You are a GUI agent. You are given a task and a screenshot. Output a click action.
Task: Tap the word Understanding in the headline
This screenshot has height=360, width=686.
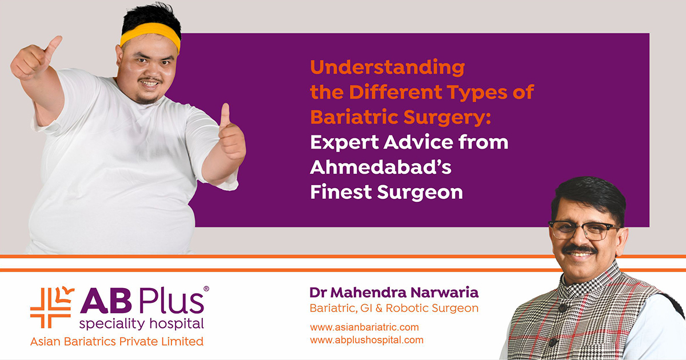point(388,67)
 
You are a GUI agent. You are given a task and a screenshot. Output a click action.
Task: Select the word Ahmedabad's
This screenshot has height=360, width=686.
point(381,167)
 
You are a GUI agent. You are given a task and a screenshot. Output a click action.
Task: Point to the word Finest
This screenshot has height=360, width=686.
point(341,192)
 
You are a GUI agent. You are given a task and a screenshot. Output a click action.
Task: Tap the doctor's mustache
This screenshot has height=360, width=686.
point(580,249)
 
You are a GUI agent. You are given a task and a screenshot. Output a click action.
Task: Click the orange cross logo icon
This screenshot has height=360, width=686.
point(52,307)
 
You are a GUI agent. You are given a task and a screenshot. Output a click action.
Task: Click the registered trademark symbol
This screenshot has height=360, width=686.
point(206,289)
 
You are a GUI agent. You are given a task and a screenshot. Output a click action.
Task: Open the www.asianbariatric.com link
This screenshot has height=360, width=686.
point(364,327)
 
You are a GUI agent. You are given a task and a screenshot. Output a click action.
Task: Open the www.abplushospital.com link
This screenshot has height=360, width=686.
point(366,340)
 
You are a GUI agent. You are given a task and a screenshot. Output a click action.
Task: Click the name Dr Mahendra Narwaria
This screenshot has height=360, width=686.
point(394,293)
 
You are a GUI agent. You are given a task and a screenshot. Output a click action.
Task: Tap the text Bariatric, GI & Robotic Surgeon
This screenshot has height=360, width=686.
point(394,308)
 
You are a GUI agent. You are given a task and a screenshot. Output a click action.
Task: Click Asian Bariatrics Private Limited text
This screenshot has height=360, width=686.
point(117,341)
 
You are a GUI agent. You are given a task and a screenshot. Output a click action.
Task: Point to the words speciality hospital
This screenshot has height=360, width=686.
point(142,324)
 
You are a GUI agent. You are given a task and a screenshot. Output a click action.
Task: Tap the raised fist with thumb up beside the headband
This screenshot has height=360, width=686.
point(34,58)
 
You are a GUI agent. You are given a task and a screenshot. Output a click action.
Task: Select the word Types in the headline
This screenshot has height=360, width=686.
point(477,93)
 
